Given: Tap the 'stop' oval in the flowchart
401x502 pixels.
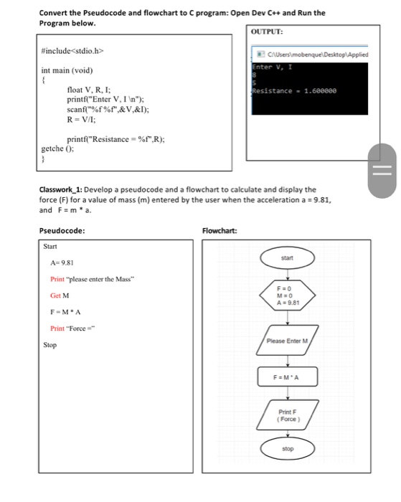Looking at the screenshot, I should point(287,448).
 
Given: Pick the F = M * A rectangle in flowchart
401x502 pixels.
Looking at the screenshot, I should point(287,376).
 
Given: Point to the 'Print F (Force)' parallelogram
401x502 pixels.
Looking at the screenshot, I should point(287,414).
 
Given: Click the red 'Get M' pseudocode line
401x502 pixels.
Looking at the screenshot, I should point(60,295).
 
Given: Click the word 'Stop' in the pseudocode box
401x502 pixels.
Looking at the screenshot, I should point(50,345).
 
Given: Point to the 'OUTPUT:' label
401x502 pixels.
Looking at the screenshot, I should point(268,32).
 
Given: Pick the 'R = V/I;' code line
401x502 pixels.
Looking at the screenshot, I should point(84,120).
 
